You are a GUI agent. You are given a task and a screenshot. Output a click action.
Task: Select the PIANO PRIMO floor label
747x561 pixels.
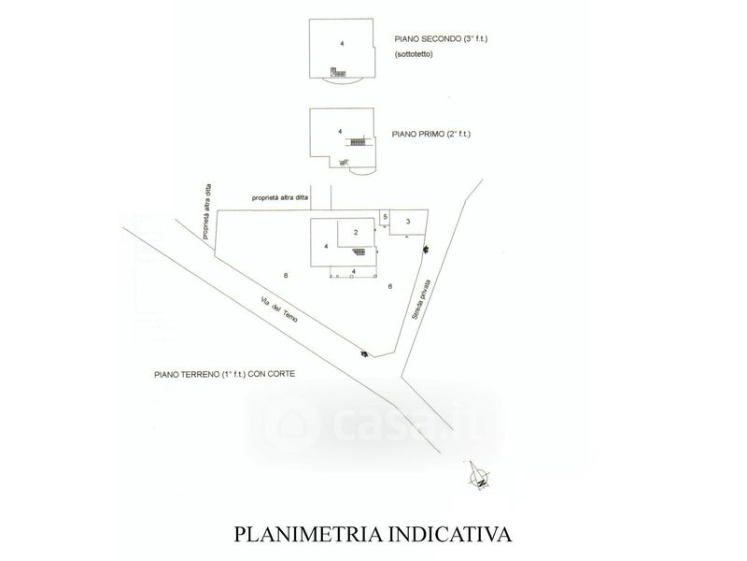411,135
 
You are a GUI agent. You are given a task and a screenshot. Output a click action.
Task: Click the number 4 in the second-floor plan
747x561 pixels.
343,44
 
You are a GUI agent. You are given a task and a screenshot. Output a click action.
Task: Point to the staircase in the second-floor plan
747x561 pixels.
337,72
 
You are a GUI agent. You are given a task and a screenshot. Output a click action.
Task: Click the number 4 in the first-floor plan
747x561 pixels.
340,131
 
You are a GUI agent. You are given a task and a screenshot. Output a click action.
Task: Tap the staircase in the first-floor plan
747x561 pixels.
359,141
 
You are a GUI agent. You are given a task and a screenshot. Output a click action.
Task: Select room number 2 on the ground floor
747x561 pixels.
356,231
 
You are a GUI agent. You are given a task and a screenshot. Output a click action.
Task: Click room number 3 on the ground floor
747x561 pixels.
409,221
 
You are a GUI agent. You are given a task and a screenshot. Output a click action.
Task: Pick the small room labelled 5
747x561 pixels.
386,217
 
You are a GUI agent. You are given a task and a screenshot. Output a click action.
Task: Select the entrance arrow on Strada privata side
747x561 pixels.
427,247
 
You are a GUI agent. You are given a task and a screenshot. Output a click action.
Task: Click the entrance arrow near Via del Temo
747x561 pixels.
363,352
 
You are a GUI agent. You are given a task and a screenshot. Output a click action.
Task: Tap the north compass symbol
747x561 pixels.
479,478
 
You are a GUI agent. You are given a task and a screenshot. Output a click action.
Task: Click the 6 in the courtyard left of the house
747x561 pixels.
287,272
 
